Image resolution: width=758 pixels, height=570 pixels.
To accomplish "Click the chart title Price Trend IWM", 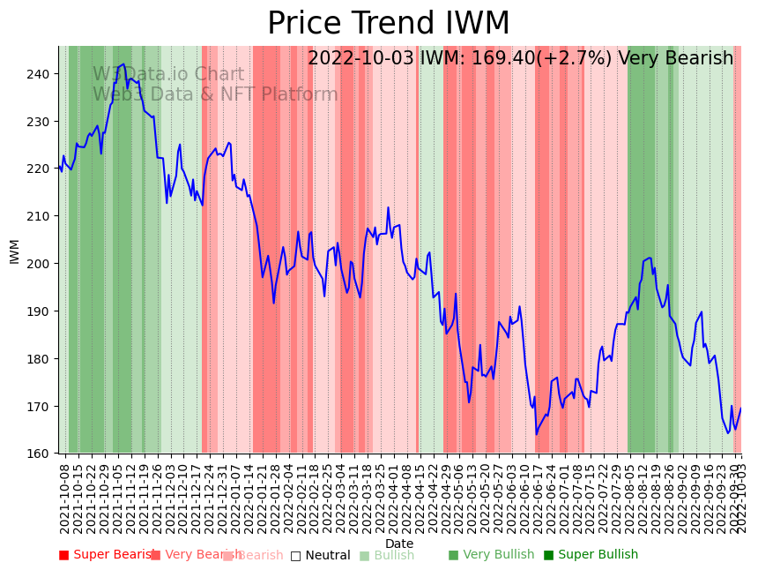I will coord(388,24).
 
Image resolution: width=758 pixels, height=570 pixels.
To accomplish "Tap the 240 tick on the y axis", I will coord(41,73).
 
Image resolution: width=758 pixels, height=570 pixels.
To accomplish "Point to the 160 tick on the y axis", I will coord(41,454).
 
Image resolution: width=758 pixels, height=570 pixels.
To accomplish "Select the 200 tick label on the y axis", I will coord(41,264).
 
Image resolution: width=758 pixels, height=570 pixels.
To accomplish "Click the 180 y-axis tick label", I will coord(41,359).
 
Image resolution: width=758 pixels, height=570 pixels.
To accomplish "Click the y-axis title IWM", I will coord(15,251).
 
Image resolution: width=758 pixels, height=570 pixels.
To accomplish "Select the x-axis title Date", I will coord(399,544).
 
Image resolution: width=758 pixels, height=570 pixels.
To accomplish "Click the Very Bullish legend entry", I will coord(491,555).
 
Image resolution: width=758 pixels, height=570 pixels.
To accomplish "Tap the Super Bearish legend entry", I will coord(107,555).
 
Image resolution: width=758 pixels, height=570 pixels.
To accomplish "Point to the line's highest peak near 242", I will coord(123,64).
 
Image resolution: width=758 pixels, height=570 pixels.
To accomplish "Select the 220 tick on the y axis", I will coord(41,169).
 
